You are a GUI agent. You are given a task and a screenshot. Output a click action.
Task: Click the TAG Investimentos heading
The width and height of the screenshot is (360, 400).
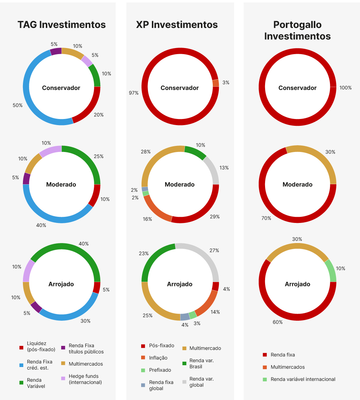[x=62, y=25]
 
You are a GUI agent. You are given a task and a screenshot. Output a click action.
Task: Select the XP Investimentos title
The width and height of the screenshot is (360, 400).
[x=177, y=25]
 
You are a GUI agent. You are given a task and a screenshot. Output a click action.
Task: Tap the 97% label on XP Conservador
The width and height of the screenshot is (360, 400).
[x=134, y=93]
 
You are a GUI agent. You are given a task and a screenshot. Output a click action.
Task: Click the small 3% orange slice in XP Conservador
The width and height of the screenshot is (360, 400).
[x=216, y=83]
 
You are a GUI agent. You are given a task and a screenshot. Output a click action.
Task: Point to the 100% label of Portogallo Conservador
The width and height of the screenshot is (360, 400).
[x=345, y=88]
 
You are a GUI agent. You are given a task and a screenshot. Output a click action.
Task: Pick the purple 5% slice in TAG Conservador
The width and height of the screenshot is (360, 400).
[x=56, y=51]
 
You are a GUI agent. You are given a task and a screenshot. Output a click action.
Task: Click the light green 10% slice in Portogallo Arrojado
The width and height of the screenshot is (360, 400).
[x=331, y=271]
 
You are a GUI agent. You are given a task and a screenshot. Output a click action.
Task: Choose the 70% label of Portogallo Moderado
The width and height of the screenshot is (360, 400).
[x=267, y=218]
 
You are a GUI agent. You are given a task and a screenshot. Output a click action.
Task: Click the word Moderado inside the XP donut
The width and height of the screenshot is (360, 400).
[x=180, y=185]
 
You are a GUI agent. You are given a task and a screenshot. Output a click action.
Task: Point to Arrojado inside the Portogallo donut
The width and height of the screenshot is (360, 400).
[x=297, y=284]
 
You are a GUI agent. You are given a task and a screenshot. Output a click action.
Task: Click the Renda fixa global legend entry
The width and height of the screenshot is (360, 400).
[x=161, y=385]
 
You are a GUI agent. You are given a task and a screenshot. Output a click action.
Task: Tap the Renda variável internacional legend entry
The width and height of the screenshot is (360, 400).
[x=303, y=379]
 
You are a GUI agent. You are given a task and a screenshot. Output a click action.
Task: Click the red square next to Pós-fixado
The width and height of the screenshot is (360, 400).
[x=143, y=346]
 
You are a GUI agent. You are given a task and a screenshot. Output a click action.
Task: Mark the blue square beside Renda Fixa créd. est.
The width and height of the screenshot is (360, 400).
[x=21, y=365]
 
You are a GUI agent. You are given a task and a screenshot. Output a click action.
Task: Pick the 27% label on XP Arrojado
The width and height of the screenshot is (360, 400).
[x=214, y=251]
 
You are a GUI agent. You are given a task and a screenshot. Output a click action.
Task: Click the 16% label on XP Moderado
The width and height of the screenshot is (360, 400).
[x=147, y=219]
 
